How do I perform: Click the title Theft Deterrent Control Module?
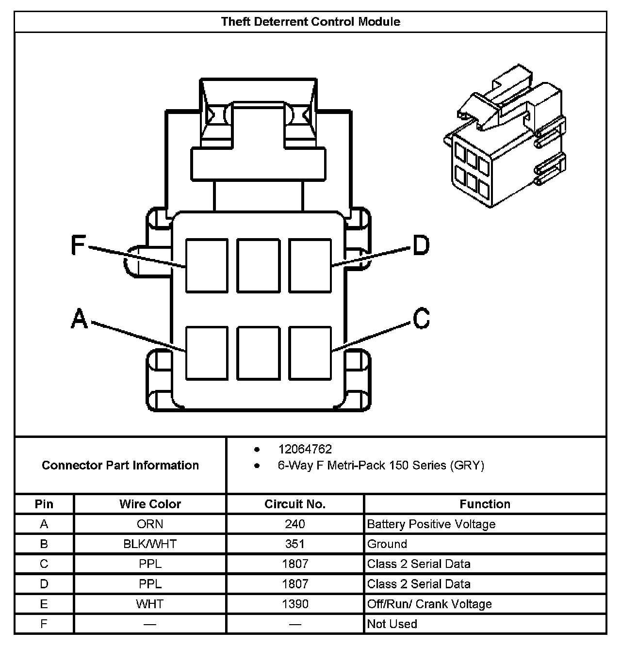click(310, 22)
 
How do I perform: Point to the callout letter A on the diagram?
click(80, 320)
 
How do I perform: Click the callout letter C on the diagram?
click(421, 319)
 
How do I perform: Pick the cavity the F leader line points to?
click(207, 266)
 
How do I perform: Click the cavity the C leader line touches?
click(310, 353)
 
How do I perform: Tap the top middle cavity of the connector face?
click(258, 266)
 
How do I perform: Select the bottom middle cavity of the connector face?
click(258, 353)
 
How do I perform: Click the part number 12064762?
click(305, 449)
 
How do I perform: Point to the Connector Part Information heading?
click(120, 466)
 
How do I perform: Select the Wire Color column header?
click(150, 504)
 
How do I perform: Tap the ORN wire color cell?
click(150, 524)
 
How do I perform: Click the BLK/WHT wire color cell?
click(150, 544)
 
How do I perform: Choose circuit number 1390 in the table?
click(295, 604)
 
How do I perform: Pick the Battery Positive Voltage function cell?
click(431, 524)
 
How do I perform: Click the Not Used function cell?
click(392, 624)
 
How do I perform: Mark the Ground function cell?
click(387, 544)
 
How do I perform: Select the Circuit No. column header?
click(295, 504)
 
